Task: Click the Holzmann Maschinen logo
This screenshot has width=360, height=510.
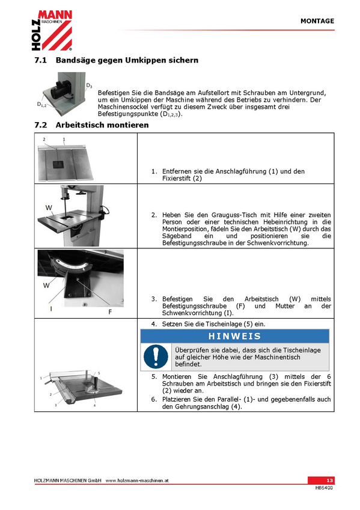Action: (52, 30)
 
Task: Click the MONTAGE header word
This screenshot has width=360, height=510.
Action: (317, 21)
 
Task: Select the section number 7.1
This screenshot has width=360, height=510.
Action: (41, 60)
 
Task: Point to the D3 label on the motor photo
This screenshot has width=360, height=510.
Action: (89, 85)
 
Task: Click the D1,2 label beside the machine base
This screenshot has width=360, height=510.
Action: (41, 105)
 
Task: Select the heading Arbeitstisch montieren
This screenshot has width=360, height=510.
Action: (102, 125)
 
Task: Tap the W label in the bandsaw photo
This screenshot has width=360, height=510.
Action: (49, 207)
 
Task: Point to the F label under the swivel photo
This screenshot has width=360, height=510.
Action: (110, 312)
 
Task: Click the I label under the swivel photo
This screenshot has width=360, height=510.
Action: (51, 309)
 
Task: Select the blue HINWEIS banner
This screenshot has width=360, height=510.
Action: (234, 336)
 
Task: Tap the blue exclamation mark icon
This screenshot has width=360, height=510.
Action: (156, 357)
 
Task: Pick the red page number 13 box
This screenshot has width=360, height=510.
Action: (321, 481)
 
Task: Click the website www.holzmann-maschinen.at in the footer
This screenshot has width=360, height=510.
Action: (137, 481)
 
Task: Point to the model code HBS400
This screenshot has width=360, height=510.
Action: (325, 488)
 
